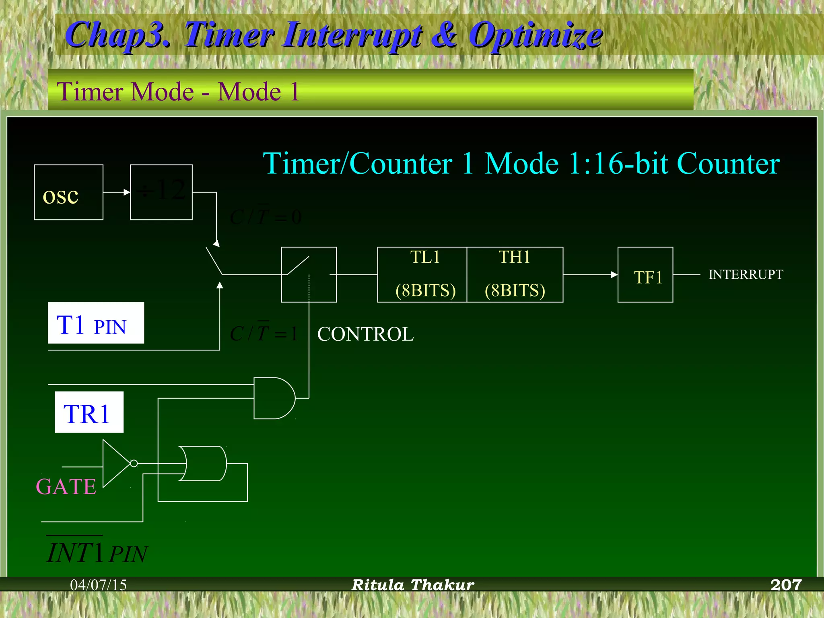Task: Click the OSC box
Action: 68,192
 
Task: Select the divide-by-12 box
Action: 161,192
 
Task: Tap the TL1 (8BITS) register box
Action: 422,274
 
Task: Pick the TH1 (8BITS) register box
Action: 515,274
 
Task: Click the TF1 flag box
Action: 645,275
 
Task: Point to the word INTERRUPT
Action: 746,274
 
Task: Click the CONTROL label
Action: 365,334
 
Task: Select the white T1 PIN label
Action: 96,323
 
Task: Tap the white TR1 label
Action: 89,412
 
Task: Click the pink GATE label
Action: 66,487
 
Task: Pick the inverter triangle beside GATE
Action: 116,463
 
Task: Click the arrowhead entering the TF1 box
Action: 614,275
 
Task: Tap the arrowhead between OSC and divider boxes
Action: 127,192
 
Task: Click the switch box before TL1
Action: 309,274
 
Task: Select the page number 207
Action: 786,585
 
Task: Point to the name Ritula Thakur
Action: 413,585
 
